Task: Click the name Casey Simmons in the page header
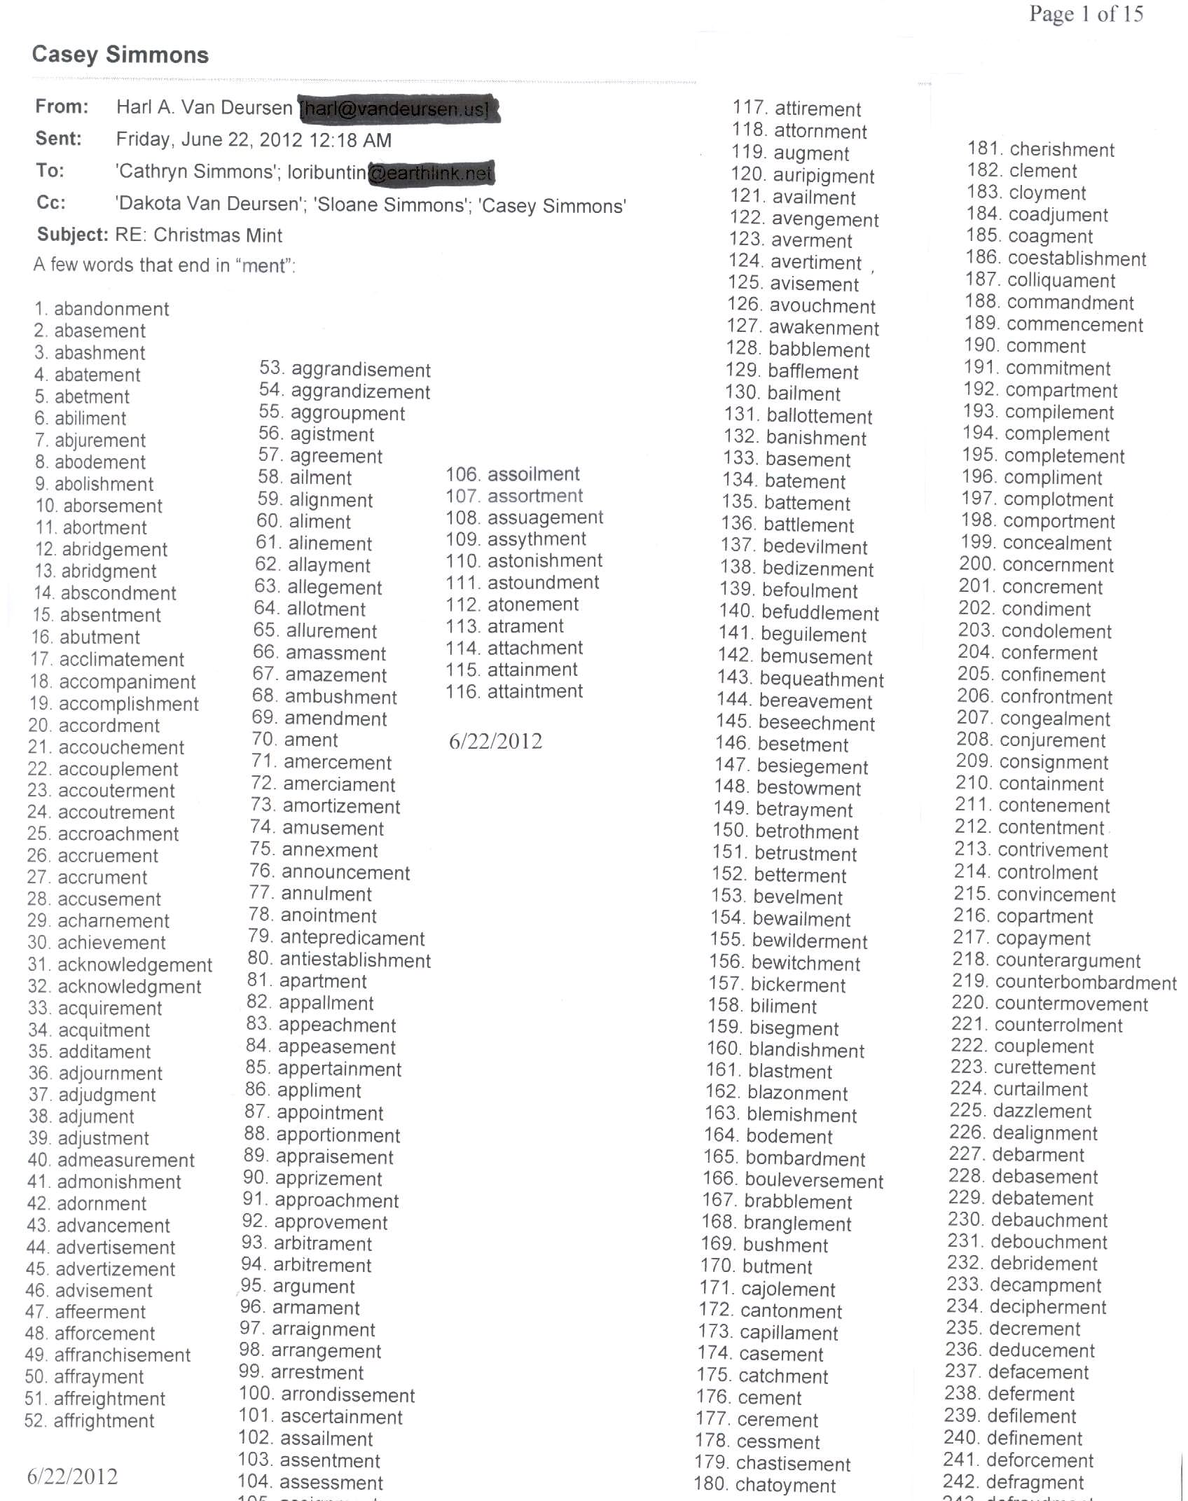tap(120, 55)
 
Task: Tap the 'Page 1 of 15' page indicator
tap(1086, 14)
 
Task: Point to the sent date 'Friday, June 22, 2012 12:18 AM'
tap(254, 140)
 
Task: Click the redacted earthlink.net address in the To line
tap(431, 173)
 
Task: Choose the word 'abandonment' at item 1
tap(111, 309)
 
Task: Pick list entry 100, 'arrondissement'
tap(347, 1395)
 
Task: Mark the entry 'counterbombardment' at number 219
tap(1086, 983)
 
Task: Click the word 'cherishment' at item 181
tap(1062, 150)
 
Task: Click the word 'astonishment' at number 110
tap(545, 561)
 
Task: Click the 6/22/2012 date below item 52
tap(72, 1477)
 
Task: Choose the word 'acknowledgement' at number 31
tap(134, 965)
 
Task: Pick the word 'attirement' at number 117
tap(817, 109)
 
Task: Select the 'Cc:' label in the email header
tap(51, 203)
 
